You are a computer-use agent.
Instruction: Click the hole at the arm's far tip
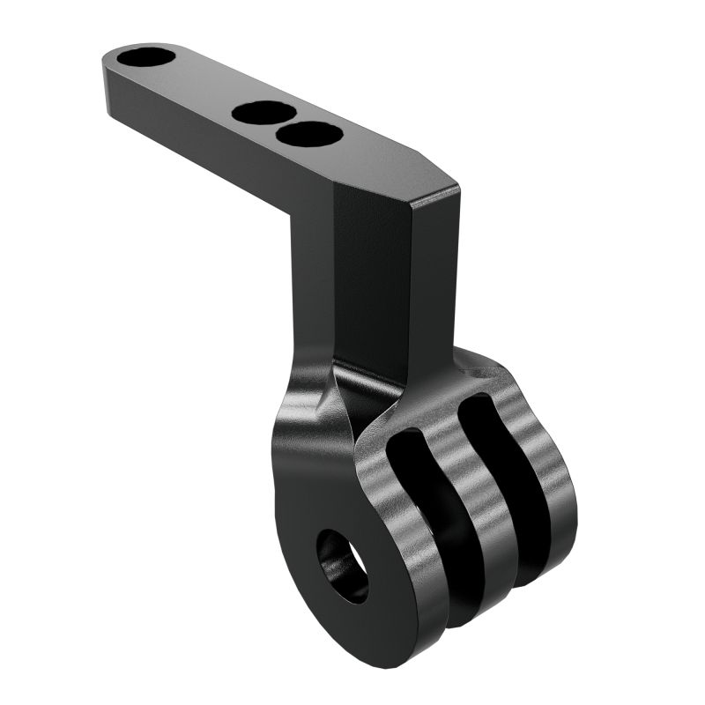147,59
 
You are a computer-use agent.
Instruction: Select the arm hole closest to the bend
309,134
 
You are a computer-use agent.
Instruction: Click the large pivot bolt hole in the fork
343,565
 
